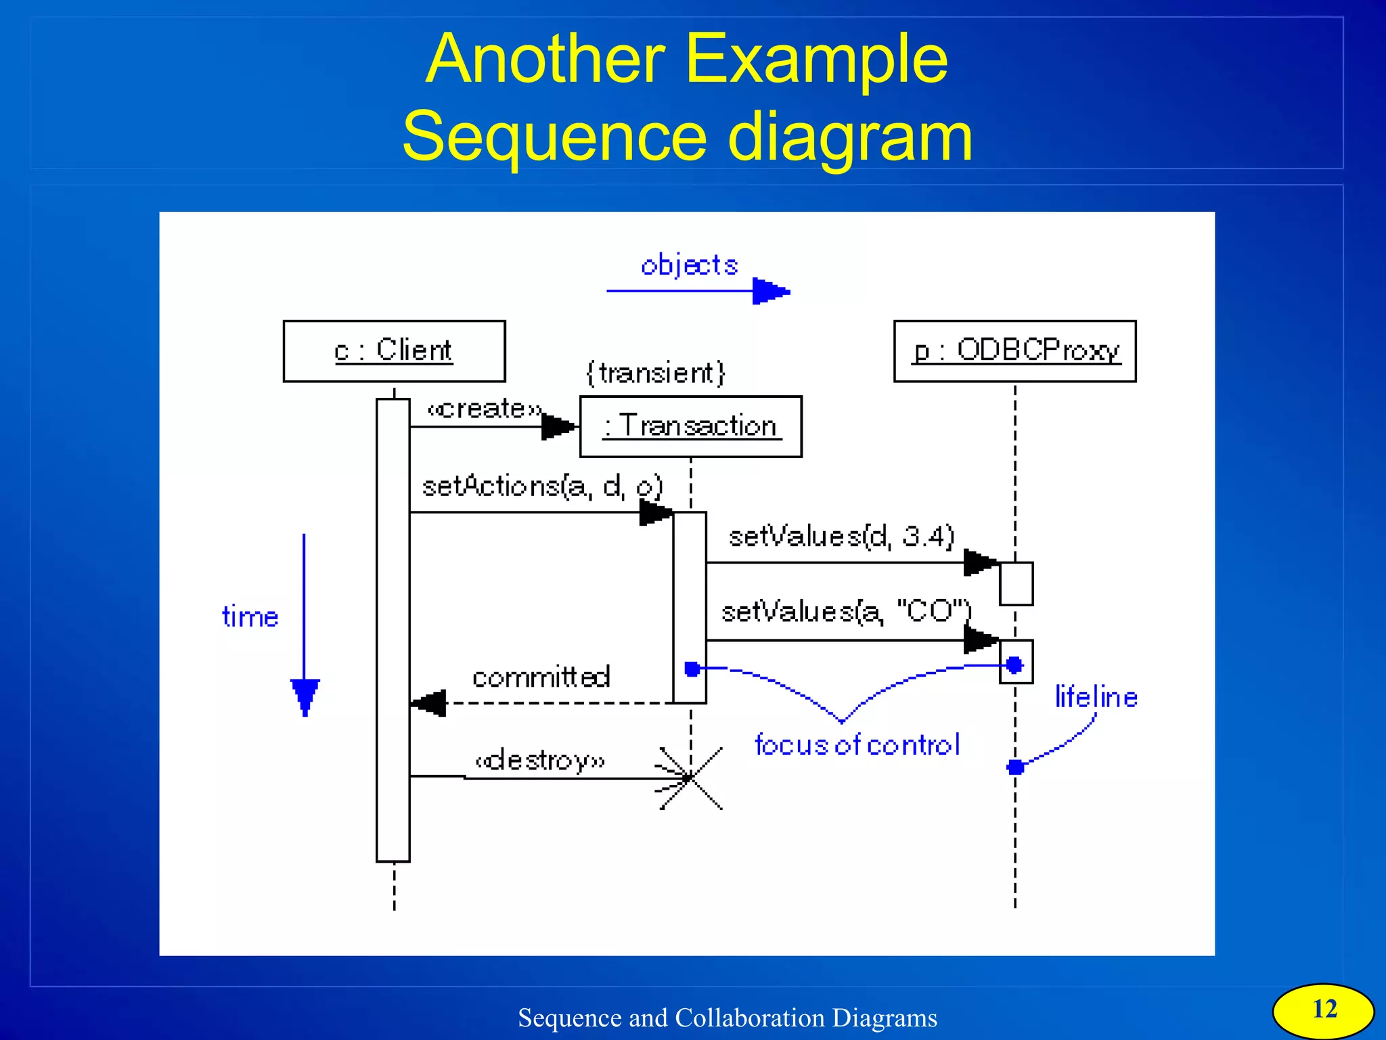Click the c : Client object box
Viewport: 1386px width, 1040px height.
[394, 351]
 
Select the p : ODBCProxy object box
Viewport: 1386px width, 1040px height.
[1014, 351]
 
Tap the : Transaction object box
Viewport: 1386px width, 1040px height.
[690, 426]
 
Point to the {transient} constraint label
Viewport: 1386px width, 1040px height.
[655, 373]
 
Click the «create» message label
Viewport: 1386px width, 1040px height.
[485, 409]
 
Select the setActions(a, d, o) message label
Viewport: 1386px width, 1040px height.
[541, 487]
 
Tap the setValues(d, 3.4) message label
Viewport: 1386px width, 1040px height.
[841, 536]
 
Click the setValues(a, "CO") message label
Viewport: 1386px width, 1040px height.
[846, 611]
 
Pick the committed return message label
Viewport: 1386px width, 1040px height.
[541, 677]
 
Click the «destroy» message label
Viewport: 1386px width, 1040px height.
[539, 761]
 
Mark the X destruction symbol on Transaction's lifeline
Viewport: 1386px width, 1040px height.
[690, 778]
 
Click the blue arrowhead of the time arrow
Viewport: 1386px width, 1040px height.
[305, 696]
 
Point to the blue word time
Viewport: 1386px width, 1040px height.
[250, 617]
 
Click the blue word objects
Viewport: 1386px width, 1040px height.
[689, 265]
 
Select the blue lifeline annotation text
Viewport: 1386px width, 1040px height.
[1096, 697]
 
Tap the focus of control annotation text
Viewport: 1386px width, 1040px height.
[857, 745]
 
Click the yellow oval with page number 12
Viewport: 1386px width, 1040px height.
[1323, 1010]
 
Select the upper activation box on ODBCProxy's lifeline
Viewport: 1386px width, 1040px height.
[1016, 583]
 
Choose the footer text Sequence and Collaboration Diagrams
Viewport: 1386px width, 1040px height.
[728, 1018]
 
